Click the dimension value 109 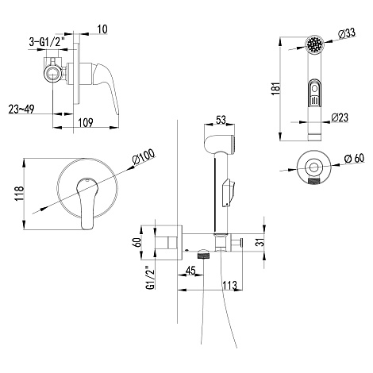tap(86, 122)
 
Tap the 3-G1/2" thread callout tap(48, 42)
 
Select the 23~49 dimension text tap(21, 109)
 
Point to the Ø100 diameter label tap(144, 157)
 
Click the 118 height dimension tap(19, 194)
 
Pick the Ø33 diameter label tap(347, 34)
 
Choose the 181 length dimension tap(275, 89)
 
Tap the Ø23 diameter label tap(340, 117)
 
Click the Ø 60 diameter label tap(354, 159)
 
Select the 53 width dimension tap(221, 120)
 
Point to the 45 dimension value tap(190, 271)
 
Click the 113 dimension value tap(229, 286)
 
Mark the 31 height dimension tap(261, 242)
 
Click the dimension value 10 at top tap(102, 29)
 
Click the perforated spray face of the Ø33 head tap(314, 44)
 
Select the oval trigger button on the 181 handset tap(314, 94)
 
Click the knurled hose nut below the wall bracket tap(203, 256)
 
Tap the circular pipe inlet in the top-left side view tap(53, 74)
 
